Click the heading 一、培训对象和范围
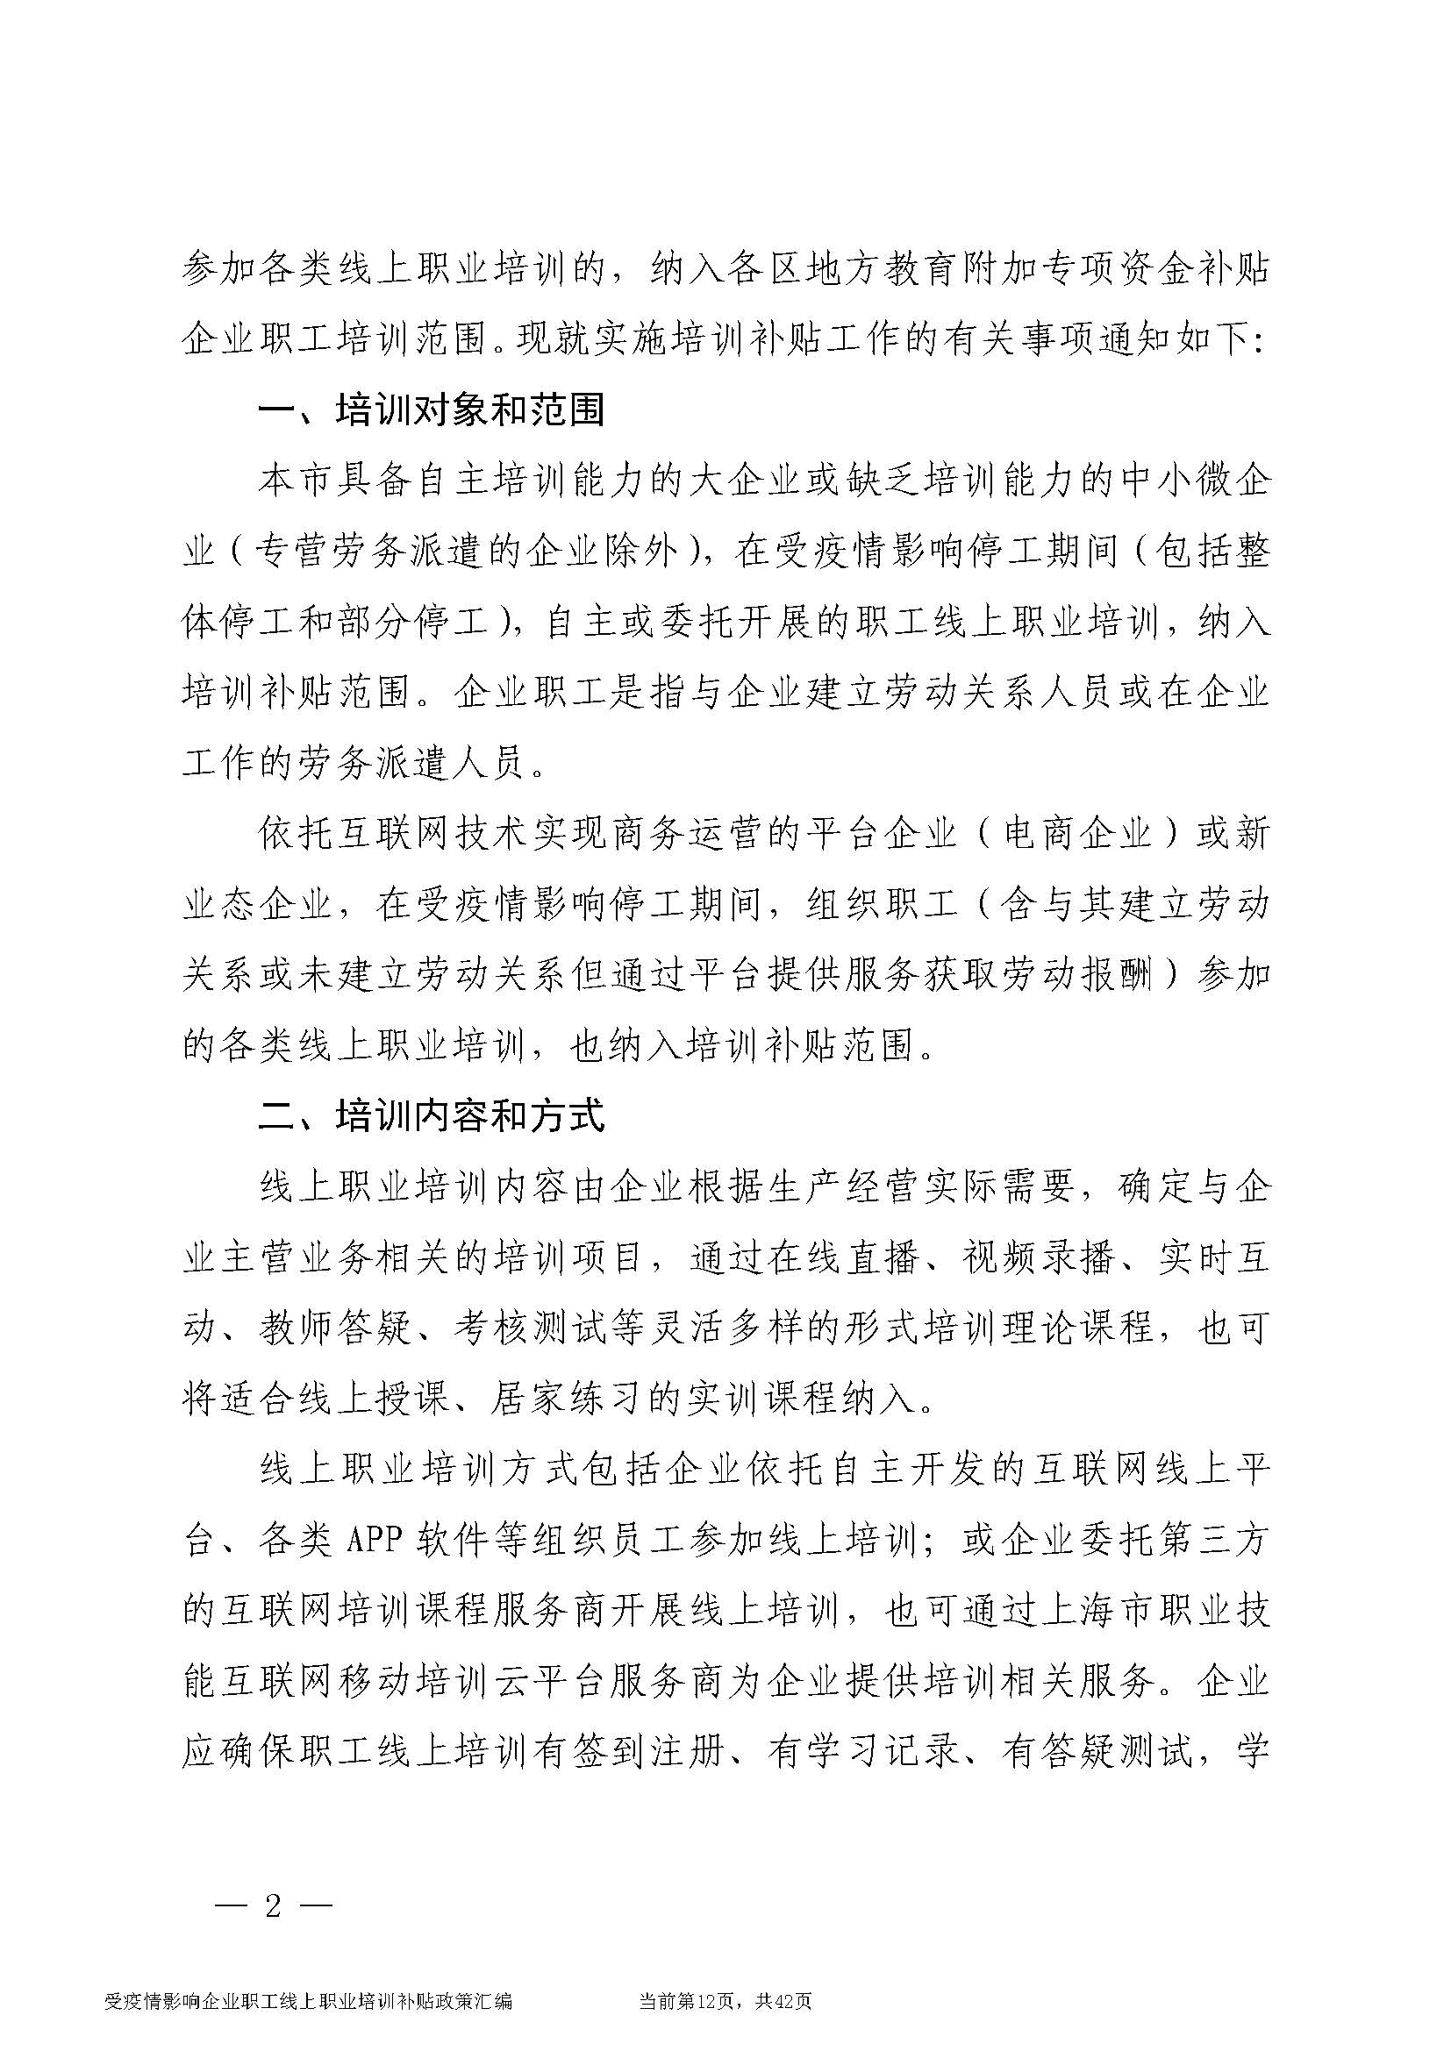click(431, 411)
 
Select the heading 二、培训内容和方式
click(431, 1116)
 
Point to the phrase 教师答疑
click(335, 1329)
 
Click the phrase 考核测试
click(529, 1329)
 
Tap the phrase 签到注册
click(646, 1753)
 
